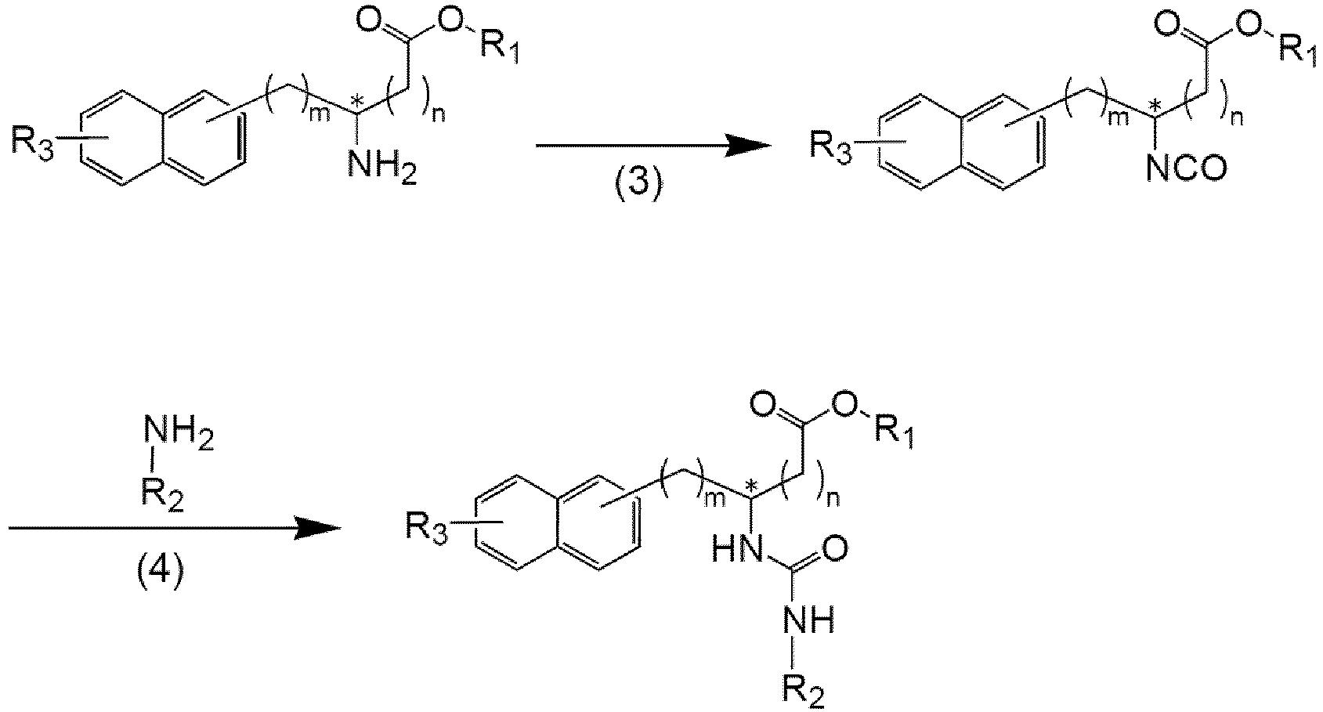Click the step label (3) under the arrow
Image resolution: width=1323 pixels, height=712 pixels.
point(640,183)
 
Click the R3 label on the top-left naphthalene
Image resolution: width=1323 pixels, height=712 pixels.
point(33,145)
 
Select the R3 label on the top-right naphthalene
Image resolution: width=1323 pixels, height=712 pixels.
point(831,148)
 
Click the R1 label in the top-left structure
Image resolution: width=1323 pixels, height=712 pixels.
point(499,46)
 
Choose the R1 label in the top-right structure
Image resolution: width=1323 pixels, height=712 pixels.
point(1298,49)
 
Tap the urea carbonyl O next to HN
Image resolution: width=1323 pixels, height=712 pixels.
point(834,549)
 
